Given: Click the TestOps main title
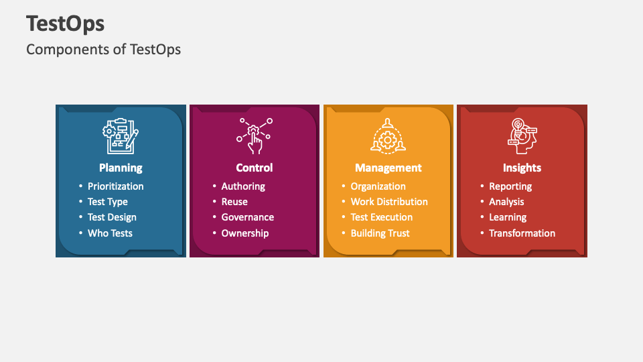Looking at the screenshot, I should (66, 24).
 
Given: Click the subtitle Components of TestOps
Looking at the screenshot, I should (103, 49).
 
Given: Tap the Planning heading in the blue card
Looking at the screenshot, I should (121, 168).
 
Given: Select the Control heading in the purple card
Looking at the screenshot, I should (255, 168).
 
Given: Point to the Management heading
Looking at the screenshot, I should (388, 168).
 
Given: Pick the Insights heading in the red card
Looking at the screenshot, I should (522, 168).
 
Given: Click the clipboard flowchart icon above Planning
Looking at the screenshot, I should (121, 136).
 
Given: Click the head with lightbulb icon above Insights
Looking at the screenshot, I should (522, 134).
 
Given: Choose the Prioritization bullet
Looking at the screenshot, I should (115, 186).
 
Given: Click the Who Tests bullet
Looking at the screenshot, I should (110, 233).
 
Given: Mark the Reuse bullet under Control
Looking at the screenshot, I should (234, 202).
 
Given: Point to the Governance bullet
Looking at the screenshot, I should (248, 217).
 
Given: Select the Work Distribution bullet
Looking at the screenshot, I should (389, 202).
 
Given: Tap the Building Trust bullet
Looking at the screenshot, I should (380, 233).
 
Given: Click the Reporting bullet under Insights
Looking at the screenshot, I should (510, 186).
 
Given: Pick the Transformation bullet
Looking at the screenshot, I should (522, 233).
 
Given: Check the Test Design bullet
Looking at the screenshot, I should (112, 217).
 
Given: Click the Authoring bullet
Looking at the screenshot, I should (243, 186).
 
